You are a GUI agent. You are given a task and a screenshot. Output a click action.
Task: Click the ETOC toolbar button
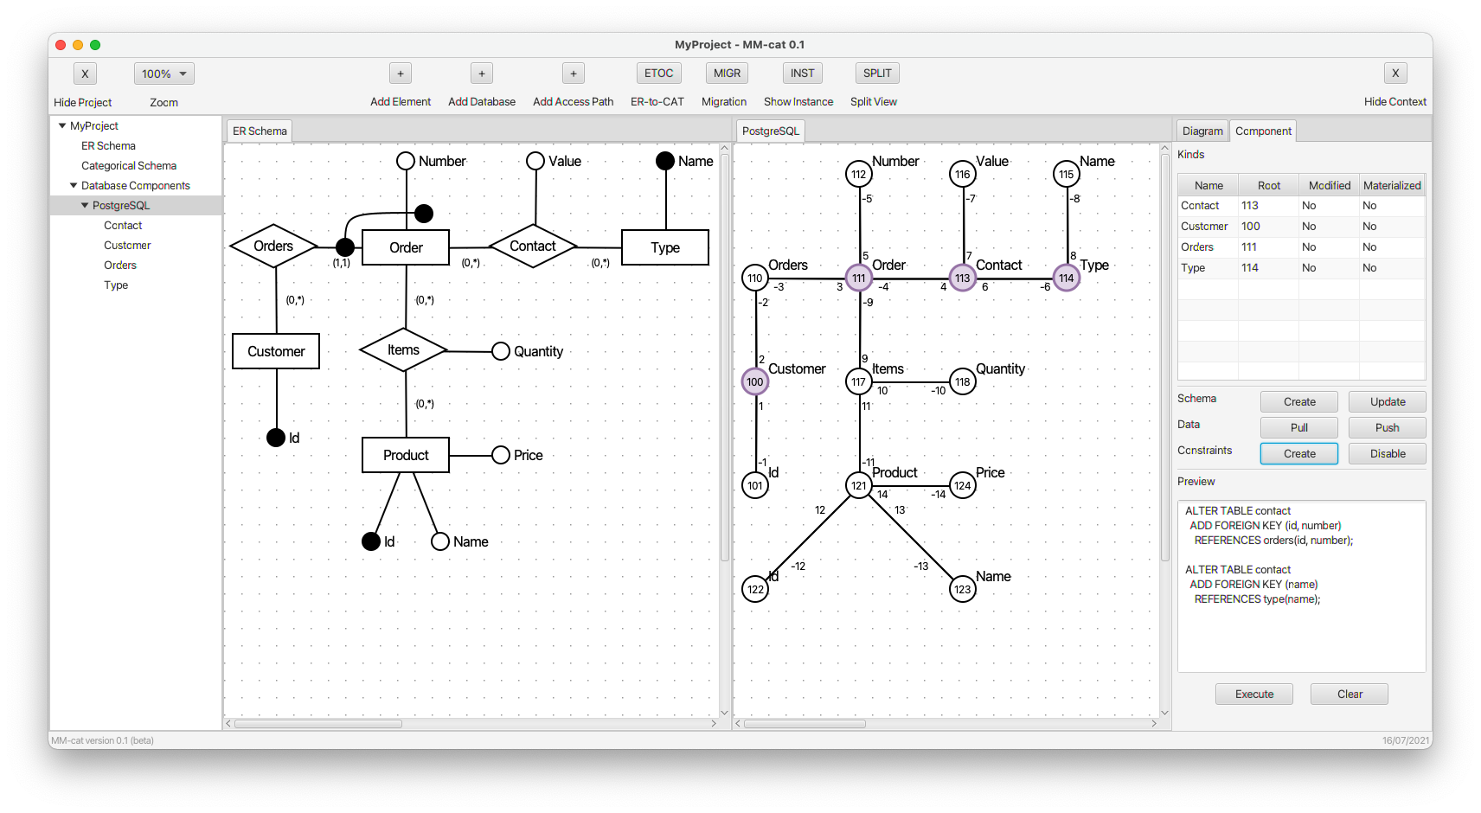[x=658, y=74]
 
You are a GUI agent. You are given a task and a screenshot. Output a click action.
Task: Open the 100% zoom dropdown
[x=164, y=74]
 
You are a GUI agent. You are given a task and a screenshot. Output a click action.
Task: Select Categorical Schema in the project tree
[x=129, y=165]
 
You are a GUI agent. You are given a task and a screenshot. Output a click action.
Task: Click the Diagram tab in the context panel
[x=1202, y=131]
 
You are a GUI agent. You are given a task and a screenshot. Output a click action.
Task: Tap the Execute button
[x=1254, y=694]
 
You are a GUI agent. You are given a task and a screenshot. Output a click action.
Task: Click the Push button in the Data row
[x=1387, y=427]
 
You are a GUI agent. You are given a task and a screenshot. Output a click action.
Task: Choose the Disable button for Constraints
[x=1387, y=453]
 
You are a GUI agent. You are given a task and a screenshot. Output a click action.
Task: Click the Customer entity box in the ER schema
[x=276, y=351]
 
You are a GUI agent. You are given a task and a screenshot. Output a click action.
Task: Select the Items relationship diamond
[x=403, y=349]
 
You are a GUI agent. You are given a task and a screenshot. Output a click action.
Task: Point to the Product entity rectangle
[x=406, y=455]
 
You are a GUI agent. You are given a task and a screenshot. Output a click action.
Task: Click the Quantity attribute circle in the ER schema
[x=501, y=351]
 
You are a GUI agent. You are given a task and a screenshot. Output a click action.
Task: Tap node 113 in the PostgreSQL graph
[x=962, y=278]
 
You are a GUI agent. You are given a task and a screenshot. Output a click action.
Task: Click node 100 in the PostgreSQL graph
[x=754, y=381]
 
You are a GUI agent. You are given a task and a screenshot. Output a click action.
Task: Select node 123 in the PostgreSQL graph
[x=962, y=589]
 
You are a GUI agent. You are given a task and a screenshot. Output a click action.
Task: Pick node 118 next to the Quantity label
[x=962, y=381]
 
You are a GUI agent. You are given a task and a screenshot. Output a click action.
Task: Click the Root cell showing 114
[x=1249, y=268]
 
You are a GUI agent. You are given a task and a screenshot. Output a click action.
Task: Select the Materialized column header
[x=1392, y=186]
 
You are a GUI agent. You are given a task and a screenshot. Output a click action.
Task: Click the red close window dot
[x=61, y=45]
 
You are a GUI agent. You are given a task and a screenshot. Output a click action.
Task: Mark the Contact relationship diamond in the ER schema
[x=533, y=246]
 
